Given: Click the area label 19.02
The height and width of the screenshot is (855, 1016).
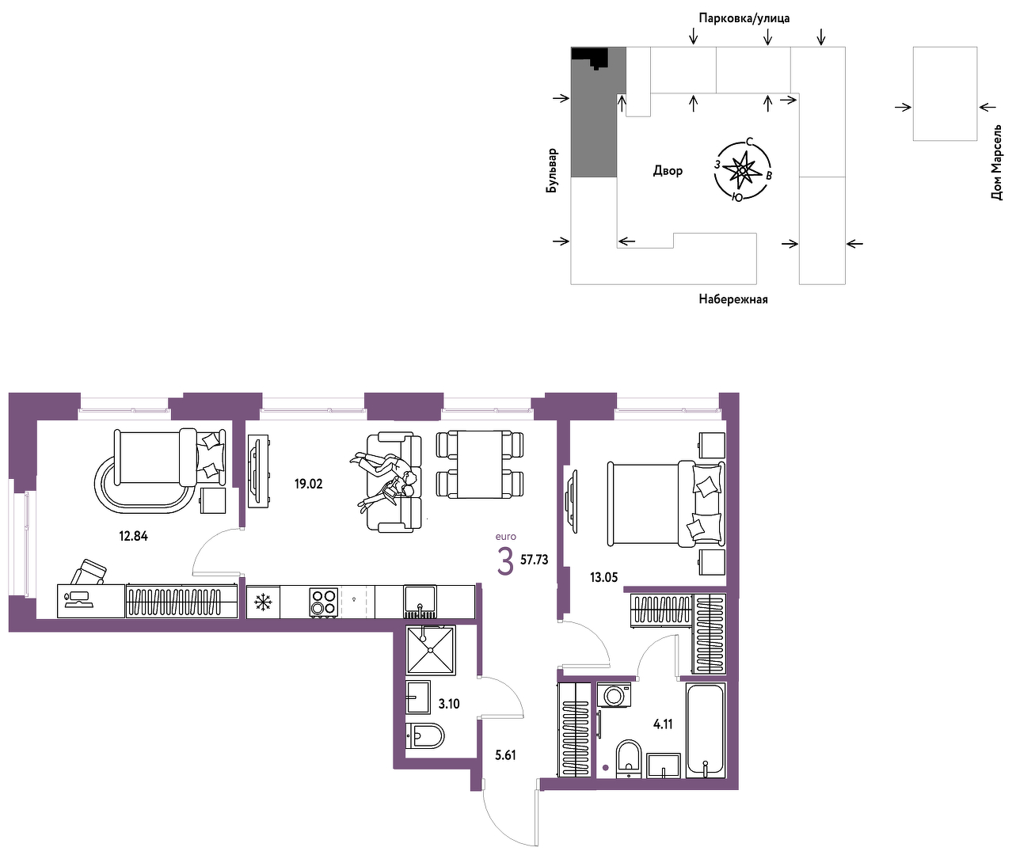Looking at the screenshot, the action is pos(308,484).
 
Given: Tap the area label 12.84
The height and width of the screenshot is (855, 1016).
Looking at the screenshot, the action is pos(133,536).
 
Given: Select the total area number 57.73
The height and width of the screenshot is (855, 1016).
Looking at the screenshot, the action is pos(535,560).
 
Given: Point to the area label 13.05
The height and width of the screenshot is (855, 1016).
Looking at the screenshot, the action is pos(604,577).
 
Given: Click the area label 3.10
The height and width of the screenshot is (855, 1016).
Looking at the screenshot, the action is pos(449,704).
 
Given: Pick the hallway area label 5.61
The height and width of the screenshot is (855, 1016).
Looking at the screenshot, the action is pos(505,755).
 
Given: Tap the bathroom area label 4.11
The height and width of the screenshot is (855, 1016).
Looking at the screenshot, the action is pos(663,724).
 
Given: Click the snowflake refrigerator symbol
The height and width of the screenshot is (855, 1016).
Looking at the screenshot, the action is pos(263,602).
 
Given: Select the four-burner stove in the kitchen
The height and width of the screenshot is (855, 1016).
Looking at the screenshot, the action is pos(324,603).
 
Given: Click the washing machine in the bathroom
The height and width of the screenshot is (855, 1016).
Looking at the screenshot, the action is pos(614,695).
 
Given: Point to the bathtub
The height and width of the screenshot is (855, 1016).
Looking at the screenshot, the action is pos(706,730).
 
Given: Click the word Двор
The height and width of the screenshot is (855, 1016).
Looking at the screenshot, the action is pos(668,170).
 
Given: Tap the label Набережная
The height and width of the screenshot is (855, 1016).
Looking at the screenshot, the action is pos(733,299).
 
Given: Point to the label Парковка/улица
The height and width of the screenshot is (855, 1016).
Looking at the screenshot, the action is pos(744,18).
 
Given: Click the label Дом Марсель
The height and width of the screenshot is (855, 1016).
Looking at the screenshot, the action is pos(996,162).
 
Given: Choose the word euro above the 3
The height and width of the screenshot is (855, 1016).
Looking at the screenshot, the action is pos(505,537).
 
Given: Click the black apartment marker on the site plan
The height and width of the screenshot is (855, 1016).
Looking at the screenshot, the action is pos(591,56).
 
